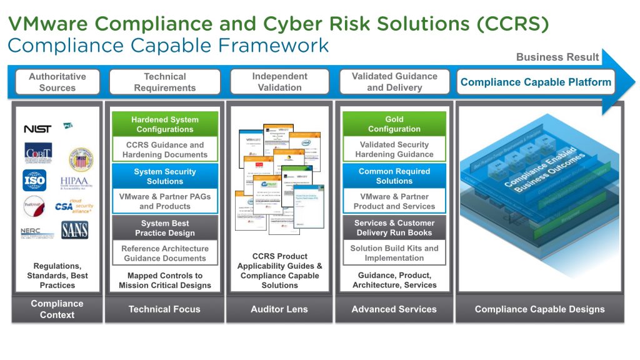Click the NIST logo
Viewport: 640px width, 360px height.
(x=37, y=129)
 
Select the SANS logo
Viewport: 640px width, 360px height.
(x=75, y=230)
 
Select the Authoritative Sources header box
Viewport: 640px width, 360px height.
(x=57, y=82)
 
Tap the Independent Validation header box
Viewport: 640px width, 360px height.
(x=279, y=82)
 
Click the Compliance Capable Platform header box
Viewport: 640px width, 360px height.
(x=536, y=82)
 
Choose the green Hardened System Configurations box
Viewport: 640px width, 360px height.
(x=165, y=124)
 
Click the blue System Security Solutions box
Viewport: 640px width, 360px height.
(x=165, y=176)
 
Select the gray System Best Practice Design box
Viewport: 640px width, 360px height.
(x=165, y=228)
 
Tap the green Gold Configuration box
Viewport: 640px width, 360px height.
(x=394, y=124)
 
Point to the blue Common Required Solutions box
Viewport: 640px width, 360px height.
(x=394, y=176)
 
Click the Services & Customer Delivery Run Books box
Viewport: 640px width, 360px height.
(x=394, y=227)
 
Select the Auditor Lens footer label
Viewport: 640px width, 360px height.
(x=279, y=309)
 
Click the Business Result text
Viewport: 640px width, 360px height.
(x=557, y=57)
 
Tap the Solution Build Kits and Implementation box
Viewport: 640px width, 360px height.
(x=394, y=253)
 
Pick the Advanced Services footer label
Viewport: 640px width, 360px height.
(x=394, y=309)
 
